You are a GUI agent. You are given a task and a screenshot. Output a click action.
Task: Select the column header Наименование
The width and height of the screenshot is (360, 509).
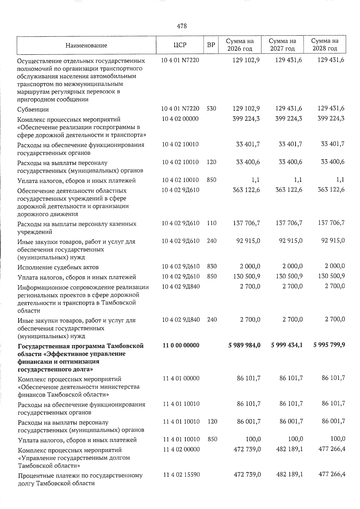tap(86, 46)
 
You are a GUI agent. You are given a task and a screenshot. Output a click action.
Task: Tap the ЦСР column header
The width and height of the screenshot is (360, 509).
tap(180, 45)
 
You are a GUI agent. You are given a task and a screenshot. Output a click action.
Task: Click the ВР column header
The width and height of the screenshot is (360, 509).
tap(211, 45)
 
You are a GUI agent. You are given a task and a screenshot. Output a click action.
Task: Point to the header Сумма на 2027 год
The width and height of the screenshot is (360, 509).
tap(282, 45)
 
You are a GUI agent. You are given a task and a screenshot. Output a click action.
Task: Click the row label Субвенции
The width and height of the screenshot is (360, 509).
tap(33, 109)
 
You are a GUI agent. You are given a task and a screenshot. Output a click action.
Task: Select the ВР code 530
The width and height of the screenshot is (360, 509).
tap(211, 108)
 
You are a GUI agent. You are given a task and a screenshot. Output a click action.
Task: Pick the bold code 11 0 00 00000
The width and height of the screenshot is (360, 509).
tap(181, 345)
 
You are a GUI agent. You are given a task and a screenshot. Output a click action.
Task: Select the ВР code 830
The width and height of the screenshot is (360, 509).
tap(212, 266)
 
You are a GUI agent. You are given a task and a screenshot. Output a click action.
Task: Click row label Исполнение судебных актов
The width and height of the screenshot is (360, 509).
tap(58, 267)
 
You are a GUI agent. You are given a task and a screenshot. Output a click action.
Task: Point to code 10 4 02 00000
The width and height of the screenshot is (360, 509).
tap(180, 118)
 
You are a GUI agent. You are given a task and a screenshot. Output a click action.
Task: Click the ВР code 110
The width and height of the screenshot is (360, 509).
tap(212, 223)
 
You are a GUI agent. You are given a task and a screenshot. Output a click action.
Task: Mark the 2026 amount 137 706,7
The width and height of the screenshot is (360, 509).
tap(246, 223)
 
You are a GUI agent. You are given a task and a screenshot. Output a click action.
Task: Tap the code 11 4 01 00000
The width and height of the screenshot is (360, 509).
tap(181, 378)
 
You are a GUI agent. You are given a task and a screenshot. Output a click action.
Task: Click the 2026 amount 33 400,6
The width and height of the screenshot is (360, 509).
tap(248, 162)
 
